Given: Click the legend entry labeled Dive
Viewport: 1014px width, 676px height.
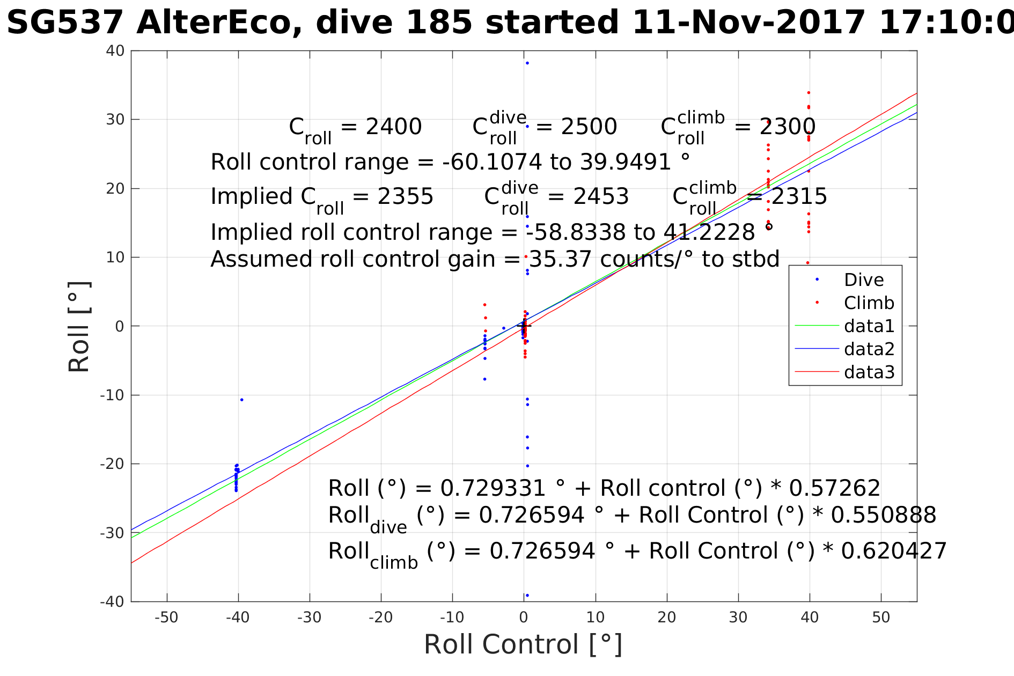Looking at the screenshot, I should tap(863, 280).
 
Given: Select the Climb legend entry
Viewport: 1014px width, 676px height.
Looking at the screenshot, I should tap(869, 303).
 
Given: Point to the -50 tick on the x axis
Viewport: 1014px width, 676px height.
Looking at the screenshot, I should tap(166, 618).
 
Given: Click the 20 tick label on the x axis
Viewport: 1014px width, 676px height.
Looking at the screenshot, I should tap(667, 618).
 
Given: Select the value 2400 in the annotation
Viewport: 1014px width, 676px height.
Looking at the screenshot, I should tap(393, 127).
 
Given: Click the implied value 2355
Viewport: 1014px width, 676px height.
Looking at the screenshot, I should tap(405, 197).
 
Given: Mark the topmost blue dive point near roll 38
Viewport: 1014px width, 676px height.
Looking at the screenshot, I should tap(527, 63).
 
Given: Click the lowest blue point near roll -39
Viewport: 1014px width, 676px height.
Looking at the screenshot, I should tap(527, 595).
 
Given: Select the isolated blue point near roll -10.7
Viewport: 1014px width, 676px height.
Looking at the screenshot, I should tap(241, 400).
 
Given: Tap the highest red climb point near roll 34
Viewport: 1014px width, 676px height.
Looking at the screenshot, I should tap(809, 93).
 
